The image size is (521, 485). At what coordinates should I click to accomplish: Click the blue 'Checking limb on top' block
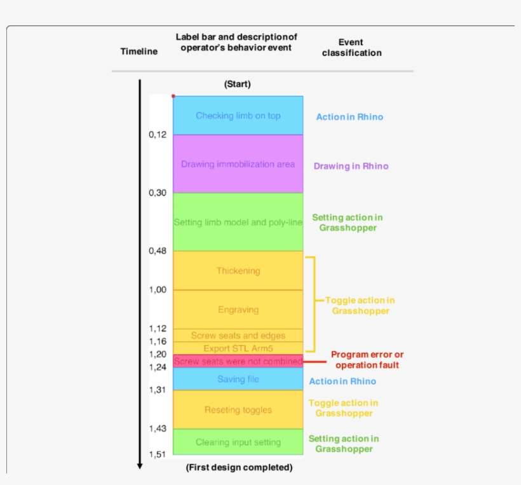238,116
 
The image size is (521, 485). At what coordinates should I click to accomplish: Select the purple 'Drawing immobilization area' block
238,164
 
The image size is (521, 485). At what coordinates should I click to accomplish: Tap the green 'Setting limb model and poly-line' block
238,222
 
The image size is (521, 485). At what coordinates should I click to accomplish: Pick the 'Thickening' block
238,271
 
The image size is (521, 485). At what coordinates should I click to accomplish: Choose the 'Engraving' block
238,310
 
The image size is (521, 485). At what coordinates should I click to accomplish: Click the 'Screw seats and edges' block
238,335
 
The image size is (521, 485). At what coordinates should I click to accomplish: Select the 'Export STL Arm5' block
238,348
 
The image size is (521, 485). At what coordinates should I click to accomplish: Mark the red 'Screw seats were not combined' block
238,361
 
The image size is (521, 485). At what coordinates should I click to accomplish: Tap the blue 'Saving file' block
238,379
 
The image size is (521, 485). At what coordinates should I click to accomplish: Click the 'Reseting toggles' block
238,410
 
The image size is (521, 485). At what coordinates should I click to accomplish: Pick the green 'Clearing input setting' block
238,442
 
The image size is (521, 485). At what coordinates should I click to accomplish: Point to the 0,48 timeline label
158,250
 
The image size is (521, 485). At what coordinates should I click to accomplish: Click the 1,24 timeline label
158,367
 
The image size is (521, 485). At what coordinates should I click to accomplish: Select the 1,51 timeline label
158,454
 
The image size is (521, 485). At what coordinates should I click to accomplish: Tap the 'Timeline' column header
139,51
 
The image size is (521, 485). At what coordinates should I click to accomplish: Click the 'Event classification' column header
351,48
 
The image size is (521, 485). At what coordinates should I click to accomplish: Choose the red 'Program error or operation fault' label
367,360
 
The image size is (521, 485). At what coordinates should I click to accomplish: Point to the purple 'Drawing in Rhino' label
351,166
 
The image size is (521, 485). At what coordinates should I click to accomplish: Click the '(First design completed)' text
239,467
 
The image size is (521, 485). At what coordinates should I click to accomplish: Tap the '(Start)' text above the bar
238,84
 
